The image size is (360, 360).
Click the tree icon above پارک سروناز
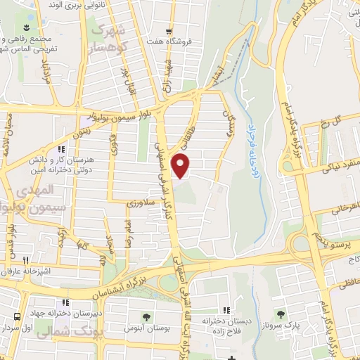point(281,314)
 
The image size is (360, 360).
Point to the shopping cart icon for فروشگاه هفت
point(168,31)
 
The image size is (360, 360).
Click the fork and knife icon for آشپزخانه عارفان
point(25,259)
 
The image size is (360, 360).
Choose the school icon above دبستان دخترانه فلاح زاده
point(226,310)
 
